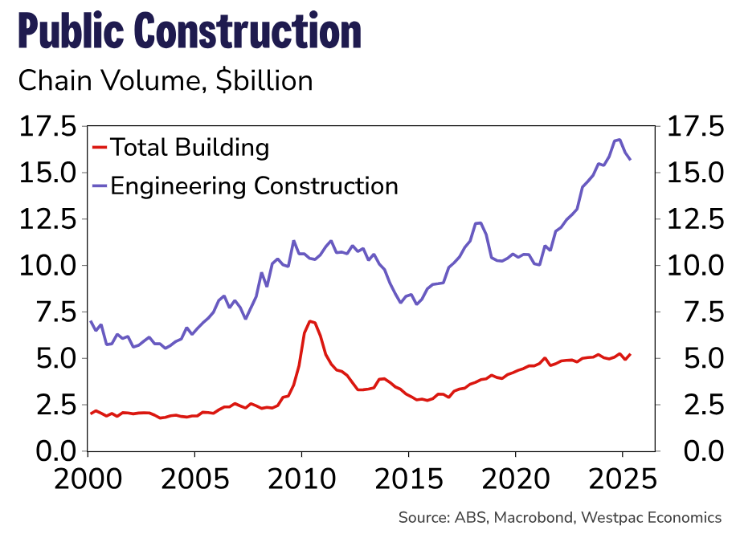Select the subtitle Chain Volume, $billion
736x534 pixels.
(x=165, y=81)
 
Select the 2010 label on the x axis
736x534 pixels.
(x=301, y=479)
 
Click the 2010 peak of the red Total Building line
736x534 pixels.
(x=310, y=321)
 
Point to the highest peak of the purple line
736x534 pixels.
(x=618, y=140)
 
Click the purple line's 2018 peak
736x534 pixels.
(x=479, y=222)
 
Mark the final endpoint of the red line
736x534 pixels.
(x=631, y=354)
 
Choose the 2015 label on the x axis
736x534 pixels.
(x=408, y=479)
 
